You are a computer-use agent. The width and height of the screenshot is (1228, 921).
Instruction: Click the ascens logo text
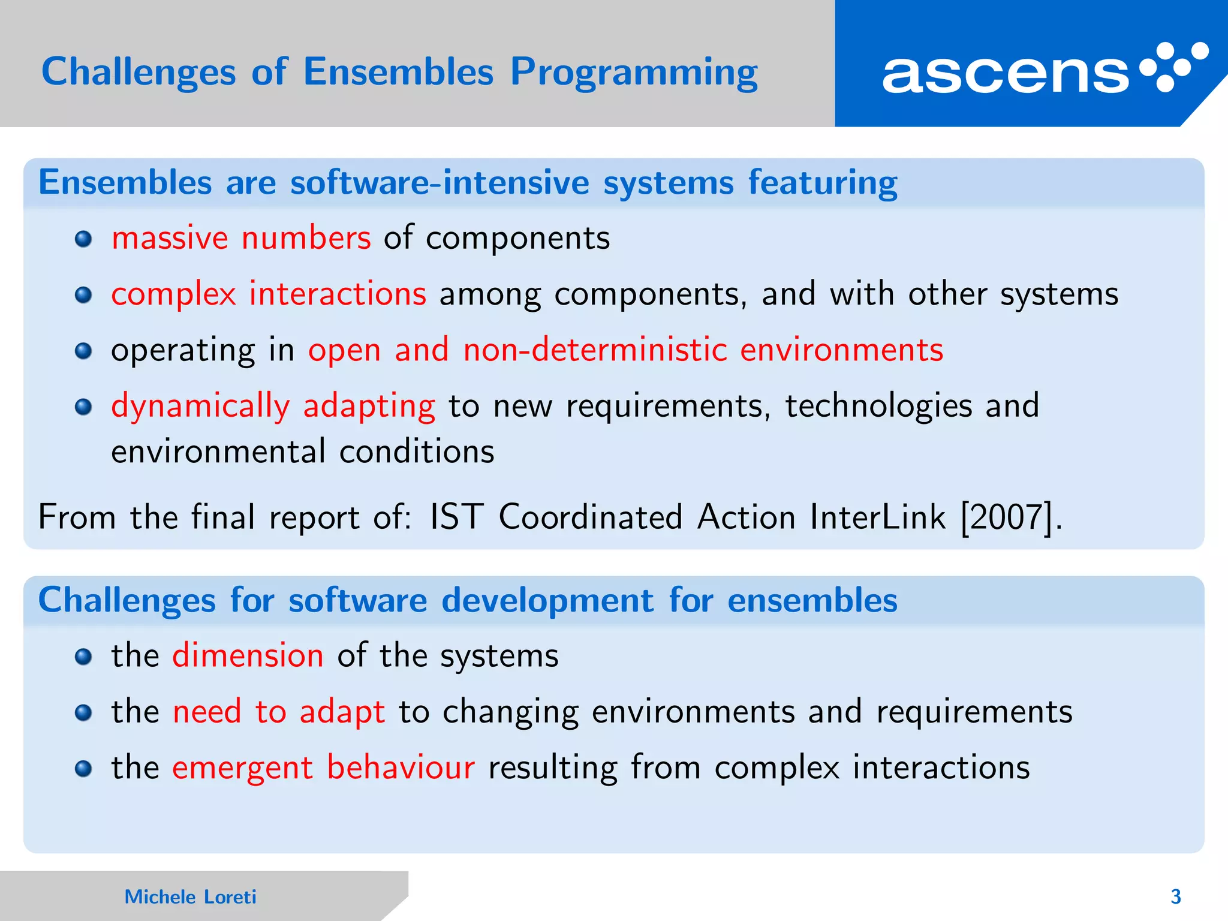[1006, 74]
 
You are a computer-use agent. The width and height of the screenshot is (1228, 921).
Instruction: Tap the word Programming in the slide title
[634, 73]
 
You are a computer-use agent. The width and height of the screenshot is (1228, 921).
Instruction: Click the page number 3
[1175, 896]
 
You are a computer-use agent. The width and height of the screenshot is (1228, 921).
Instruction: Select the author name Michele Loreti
[190, 896]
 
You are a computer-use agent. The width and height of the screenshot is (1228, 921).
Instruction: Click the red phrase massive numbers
[241, 238]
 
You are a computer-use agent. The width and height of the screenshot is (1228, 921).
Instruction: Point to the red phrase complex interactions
[269, 294]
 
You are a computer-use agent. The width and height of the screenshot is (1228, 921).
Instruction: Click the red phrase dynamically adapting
[273, 407]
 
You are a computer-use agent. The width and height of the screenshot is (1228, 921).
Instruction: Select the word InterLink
[877, 517]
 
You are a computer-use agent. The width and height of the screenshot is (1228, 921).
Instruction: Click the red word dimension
[248, 655]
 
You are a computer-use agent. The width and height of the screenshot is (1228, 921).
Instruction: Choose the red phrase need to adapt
[278, 712]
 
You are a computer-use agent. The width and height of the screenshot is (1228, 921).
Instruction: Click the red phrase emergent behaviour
[323, 767]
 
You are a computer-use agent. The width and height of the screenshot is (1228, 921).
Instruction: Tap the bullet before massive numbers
[83, 240]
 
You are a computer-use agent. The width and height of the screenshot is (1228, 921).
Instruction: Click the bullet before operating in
[83, 351]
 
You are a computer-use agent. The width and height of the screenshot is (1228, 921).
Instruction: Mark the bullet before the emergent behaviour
[83, 769]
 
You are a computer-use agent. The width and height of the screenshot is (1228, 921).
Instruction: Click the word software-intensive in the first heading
[440, 182]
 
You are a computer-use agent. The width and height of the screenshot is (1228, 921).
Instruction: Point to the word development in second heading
[547, 600]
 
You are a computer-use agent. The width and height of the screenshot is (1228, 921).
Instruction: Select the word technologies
[878, 407]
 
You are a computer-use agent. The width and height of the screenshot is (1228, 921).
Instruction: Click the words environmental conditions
[303, 452]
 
